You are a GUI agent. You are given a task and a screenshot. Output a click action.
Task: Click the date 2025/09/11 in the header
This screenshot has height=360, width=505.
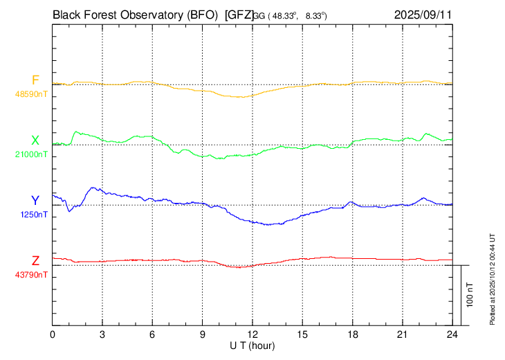422,13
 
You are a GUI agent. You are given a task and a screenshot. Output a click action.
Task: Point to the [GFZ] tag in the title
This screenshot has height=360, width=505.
239,13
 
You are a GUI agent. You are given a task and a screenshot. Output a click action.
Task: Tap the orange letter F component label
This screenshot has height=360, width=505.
35,80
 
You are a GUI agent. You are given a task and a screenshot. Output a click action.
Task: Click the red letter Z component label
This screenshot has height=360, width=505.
35,260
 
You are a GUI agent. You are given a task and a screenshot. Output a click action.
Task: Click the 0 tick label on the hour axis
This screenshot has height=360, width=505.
53,334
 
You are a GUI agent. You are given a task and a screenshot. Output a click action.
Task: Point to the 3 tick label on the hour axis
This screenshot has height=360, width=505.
102,334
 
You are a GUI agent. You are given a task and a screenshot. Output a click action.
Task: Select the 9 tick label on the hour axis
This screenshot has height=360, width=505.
203,334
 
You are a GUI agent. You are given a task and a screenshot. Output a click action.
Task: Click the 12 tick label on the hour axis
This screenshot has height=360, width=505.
252,334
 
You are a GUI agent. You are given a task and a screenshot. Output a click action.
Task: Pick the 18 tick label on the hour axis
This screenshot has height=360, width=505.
352,334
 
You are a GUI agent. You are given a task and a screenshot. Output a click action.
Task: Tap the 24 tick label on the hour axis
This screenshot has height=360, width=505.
452,334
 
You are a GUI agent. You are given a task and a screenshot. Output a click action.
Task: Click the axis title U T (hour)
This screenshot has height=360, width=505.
252,345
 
